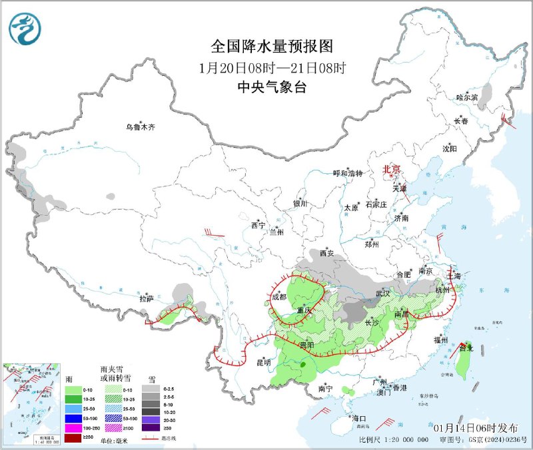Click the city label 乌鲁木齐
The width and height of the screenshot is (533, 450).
click(x=141, y=127)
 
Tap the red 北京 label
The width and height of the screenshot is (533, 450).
click(x=392, y=170)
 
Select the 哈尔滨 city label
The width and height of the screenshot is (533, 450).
click(x=468, y=97)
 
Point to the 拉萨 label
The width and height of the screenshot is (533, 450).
click(x=147, y=299)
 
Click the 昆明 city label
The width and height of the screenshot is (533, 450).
click(x=263, y=363)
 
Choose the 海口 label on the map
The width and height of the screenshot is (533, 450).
click(x=360, y=419)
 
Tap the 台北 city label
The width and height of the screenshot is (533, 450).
click(x=466, y=347)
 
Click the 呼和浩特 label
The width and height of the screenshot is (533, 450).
click(x=348, y=173)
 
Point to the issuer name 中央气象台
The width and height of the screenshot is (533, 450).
click(x=271, y=87)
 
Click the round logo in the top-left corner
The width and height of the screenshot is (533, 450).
click(x=25, y=29)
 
